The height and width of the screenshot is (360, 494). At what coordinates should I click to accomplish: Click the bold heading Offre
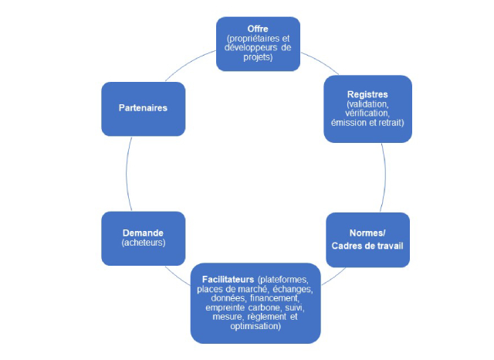(257, 29)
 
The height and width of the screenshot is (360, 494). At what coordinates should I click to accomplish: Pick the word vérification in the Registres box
(367, 112)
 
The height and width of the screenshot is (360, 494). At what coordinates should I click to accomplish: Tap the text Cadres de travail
(367, 245)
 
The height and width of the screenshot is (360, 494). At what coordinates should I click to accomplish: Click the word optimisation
(256, 325)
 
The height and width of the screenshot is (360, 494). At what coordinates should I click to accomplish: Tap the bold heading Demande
(143, 232)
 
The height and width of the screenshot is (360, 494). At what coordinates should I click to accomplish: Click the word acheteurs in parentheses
(143, 242)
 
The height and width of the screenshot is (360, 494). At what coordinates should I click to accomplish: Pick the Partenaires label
(143, 108)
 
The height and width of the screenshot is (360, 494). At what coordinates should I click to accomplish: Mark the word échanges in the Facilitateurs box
(291, 288)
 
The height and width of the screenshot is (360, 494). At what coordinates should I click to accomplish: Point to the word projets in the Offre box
(257, 57)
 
